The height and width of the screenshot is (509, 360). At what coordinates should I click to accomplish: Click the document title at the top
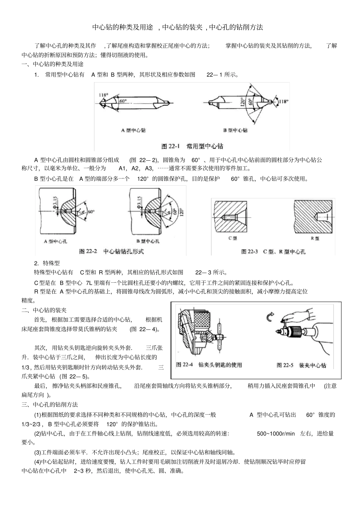(178, 27)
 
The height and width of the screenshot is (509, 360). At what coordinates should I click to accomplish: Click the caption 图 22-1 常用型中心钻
(192, 146)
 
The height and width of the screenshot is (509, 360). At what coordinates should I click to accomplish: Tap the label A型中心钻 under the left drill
(133, 130)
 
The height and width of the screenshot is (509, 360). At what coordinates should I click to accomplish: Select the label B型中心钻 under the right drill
(235, 130)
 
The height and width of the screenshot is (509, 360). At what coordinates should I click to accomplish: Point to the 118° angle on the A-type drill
(103, 95)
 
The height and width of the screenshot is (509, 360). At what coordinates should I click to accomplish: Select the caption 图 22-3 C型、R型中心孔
(273, 252)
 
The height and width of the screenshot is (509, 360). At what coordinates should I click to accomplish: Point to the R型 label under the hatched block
(315, 238)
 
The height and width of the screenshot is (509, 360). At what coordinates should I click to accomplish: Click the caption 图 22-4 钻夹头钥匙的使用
(209, 365)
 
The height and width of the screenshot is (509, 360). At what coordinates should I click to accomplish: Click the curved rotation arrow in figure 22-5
(270, 317)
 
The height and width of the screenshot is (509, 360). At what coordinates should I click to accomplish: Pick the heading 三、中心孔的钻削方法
(50, 405)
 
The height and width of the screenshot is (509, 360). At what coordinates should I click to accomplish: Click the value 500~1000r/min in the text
(275, 434)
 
